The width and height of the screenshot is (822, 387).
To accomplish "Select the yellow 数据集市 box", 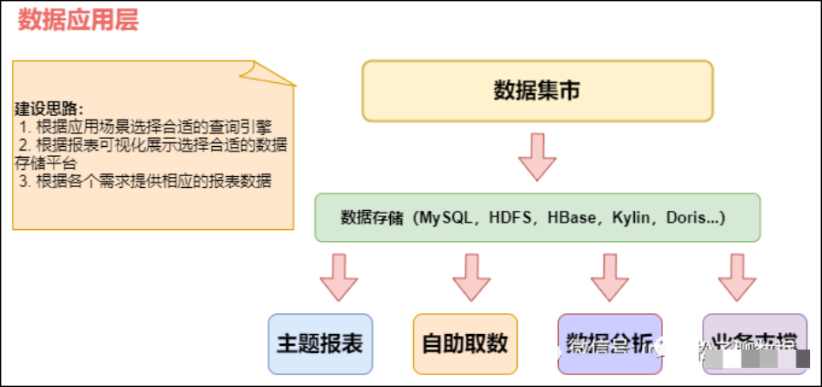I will click(537, 90).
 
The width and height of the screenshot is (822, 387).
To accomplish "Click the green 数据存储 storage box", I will click(537, 217).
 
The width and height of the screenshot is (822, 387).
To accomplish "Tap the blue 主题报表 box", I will click(320, 343).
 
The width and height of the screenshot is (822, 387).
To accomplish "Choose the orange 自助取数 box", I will click(465, 343).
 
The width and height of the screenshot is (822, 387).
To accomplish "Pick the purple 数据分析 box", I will click(609, 343).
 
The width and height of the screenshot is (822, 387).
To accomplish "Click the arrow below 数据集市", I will click(537, 157).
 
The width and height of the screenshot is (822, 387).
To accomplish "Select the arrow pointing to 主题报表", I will click(339, 277).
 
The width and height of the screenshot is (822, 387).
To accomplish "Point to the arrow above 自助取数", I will click(472, 277).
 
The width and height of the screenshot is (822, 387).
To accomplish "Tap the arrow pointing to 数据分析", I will click(610, 277).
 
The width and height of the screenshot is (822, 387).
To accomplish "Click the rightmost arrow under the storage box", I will click(737, 277).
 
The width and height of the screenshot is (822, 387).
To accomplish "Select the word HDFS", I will click(514, 218).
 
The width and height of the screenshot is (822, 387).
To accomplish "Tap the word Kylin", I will click(632, 218).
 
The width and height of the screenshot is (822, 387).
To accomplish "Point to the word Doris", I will click(687, 218).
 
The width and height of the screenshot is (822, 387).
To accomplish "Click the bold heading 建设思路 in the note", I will click(47, 108).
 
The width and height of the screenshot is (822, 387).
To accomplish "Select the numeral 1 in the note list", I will click(23, 126).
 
